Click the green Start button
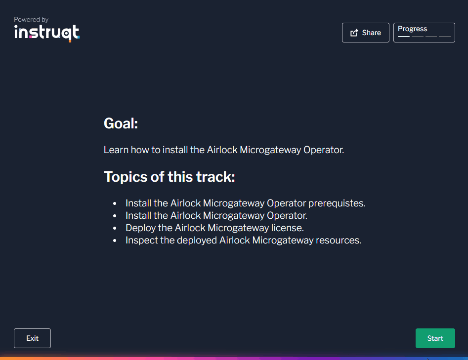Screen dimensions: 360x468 [435, 338]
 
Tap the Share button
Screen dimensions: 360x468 [365, 33]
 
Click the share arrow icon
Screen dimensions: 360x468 [354, 33]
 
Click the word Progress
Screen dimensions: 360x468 [412, 29]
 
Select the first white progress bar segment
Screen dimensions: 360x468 [404, 37]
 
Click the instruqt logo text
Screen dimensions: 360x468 [46, 33]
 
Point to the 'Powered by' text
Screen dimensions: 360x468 [31, 20]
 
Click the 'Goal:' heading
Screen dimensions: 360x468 [121, 123]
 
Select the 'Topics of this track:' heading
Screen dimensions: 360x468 [169, 176]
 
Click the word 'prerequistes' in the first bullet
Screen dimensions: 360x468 [336, 203]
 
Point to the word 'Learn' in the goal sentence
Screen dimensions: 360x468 [116, 150]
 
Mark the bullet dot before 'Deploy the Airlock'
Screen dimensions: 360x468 [115, 228]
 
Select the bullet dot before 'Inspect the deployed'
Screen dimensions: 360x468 [115, 241]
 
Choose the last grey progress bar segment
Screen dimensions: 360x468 [445, 37]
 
